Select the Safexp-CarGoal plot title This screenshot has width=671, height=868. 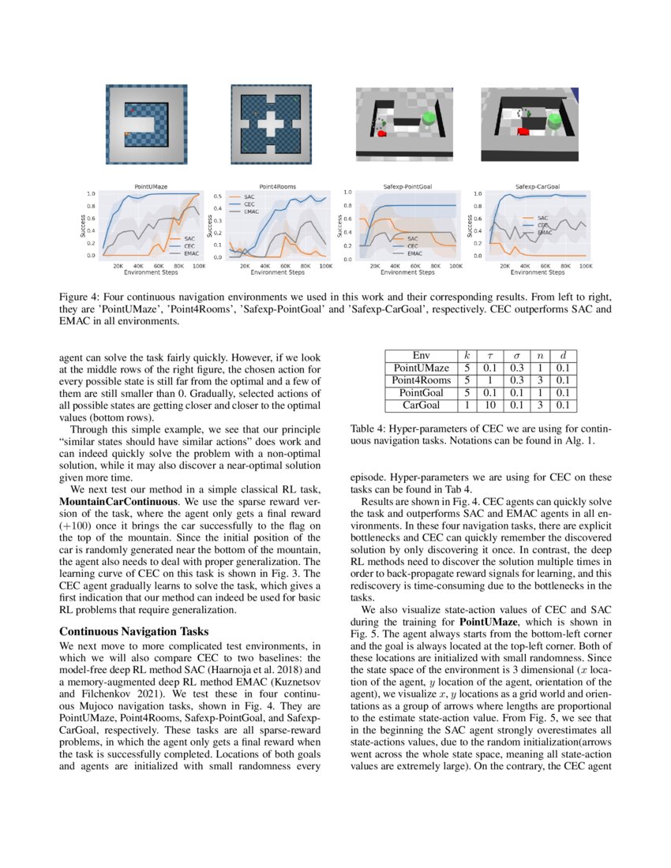tap(533, 186)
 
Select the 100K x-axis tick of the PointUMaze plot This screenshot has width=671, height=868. tap(198, 267)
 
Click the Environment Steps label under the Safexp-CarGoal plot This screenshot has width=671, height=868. tap(537, 273)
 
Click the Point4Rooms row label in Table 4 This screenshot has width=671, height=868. tap(422, 380)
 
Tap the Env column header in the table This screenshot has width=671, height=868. tap(422, 355)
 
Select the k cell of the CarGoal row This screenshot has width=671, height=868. tap(467, 405)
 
